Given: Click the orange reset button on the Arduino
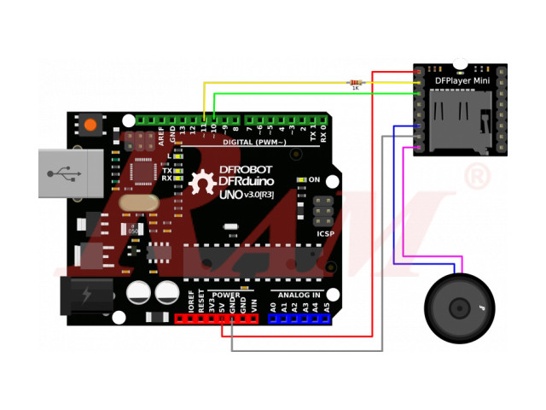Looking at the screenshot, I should [90, 125].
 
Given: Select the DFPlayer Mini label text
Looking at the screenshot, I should [462, 81].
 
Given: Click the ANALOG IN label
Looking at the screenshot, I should [296, 295].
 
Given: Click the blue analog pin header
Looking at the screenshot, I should [299, 319].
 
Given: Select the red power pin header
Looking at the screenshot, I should [217, 319].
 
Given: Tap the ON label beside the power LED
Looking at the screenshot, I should [314, 179].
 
